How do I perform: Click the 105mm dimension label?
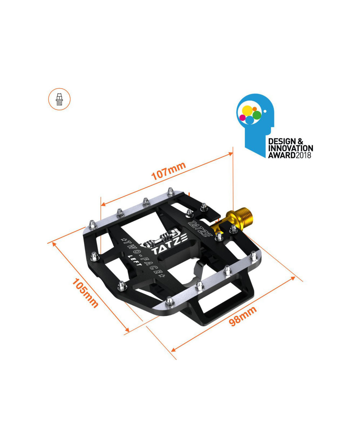[x=85, y=293]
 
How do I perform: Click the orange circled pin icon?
[x=59, y=99]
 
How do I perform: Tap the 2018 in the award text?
[x=303, y=155]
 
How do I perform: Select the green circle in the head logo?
[x=257, y=115]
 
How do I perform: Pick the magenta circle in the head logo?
[x=243, y=117]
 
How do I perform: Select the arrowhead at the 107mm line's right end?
[x=231, y=154]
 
